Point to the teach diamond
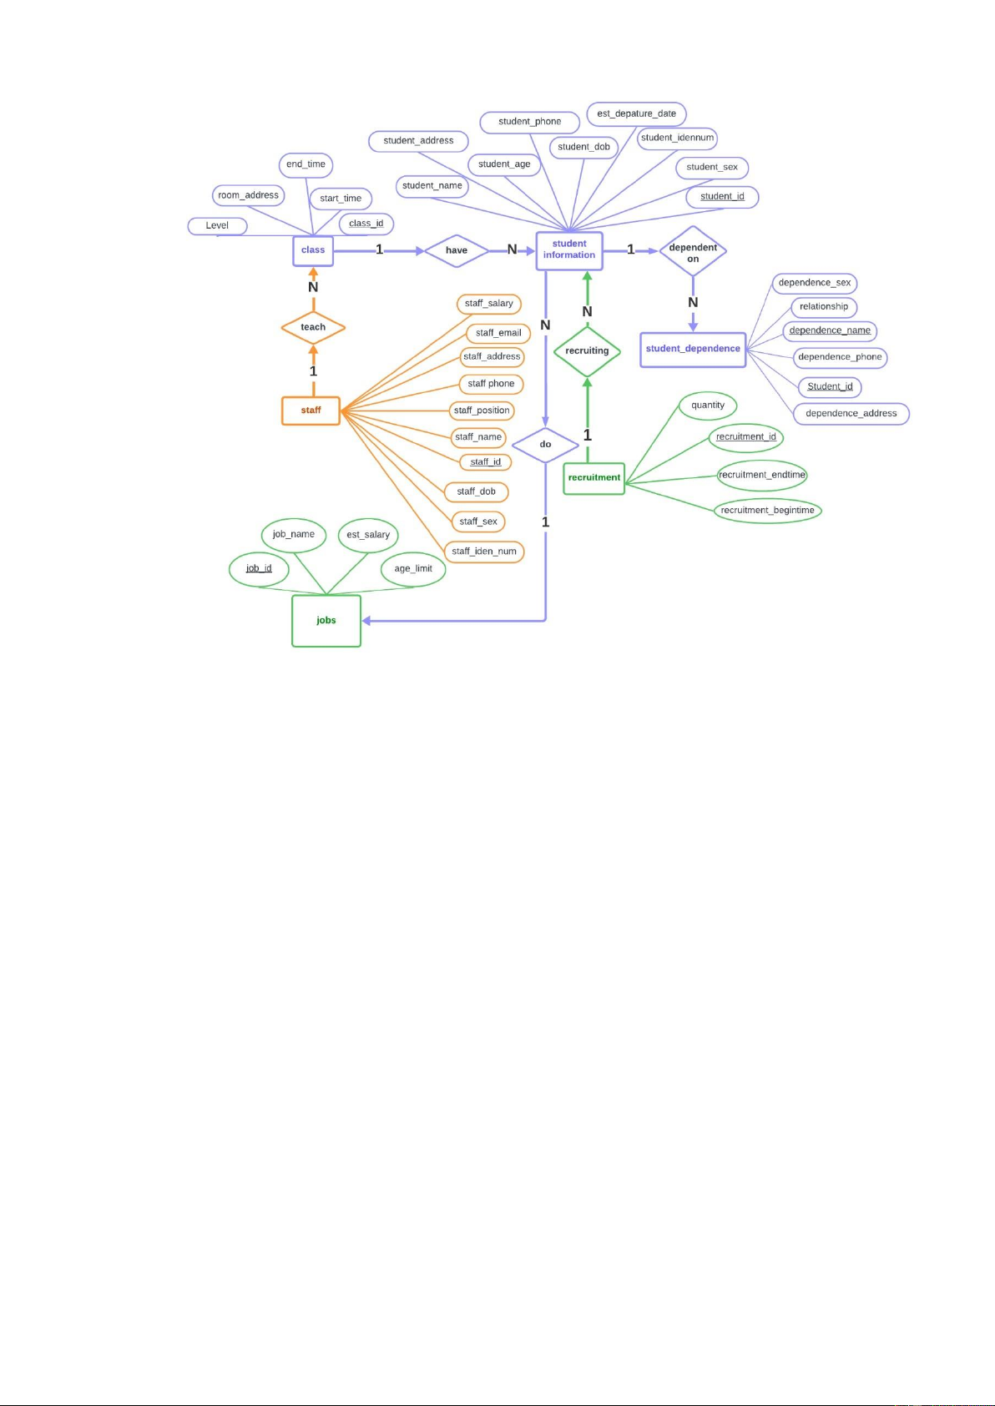point(313,328)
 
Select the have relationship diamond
point(457,250)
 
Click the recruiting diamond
point(587,351)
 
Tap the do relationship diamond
point(546,445)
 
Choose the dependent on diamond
point(693,251)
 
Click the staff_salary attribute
point(489,304)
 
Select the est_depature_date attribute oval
point(637,114)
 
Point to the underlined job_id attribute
point(259,569)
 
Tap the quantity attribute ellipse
point(708,406)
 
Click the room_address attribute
point(248,195)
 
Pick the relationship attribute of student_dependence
point(824,307)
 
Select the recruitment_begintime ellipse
point(768,511)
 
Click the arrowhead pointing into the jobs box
point(366,621)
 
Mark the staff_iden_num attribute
point(484,552)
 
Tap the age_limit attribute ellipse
point(413,569)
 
